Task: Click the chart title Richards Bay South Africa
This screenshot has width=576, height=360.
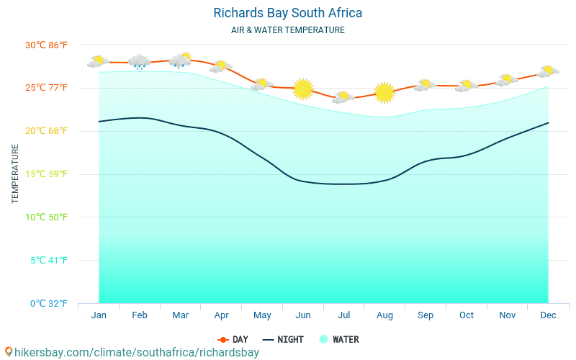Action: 287,13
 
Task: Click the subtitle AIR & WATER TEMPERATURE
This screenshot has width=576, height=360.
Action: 287,30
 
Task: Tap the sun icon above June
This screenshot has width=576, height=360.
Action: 303,89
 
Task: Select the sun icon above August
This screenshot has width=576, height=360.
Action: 384,92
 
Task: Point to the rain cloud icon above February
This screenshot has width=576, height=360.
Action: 139,62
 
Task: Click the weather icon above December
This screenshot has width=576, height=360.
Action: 549,71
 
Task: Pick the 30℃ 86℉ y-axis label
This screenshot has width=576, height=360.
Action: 46,45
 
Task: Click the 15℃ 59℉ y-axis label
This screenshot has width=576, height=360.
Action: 46,174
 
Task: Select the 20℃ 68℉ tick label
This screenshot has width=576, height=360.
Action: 46,130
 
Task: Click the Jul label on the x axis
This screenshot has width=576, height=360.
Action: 344,315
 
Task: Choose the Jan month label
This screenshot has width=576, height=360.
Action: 99,315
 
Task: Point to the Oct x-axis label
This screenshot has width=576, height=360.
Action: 467,315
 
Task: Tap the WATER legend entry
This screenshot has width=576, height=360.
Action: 339,339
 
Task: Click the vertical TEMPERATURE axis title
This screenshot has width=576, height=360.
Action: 15,174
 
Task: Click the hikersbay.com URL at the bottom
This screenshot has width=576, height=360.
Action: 136,353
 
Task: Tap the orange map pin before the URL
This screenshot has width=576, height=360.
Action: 8,352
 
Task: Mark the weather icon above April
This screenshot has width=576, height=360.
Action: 220,66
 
